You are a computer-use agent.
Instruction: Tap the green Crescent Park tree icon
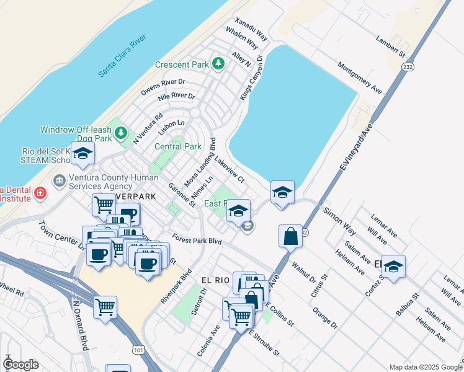click(x=218, y=63)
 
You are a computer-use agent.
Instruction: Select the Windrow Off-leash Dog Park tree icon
click(x=121, y=133)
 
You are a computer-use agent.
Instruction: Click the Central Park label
click(x=178, y=147)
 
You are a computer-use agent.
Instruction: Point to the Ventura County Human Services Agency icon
click(x=60, y=181)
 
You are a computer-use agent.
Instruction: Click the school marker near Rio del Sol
click(x=82, y=154)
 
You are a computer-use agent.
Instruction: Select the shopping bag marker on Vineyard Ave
click(x=290, y=236)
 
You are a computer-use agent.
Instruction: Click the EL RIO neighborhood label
click(x=216, y=280)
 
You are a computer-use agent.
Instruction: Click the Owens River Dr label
click(x=163, y=87)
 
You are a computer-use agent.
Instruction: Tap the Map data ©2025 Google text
click(x=425, y=366)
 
